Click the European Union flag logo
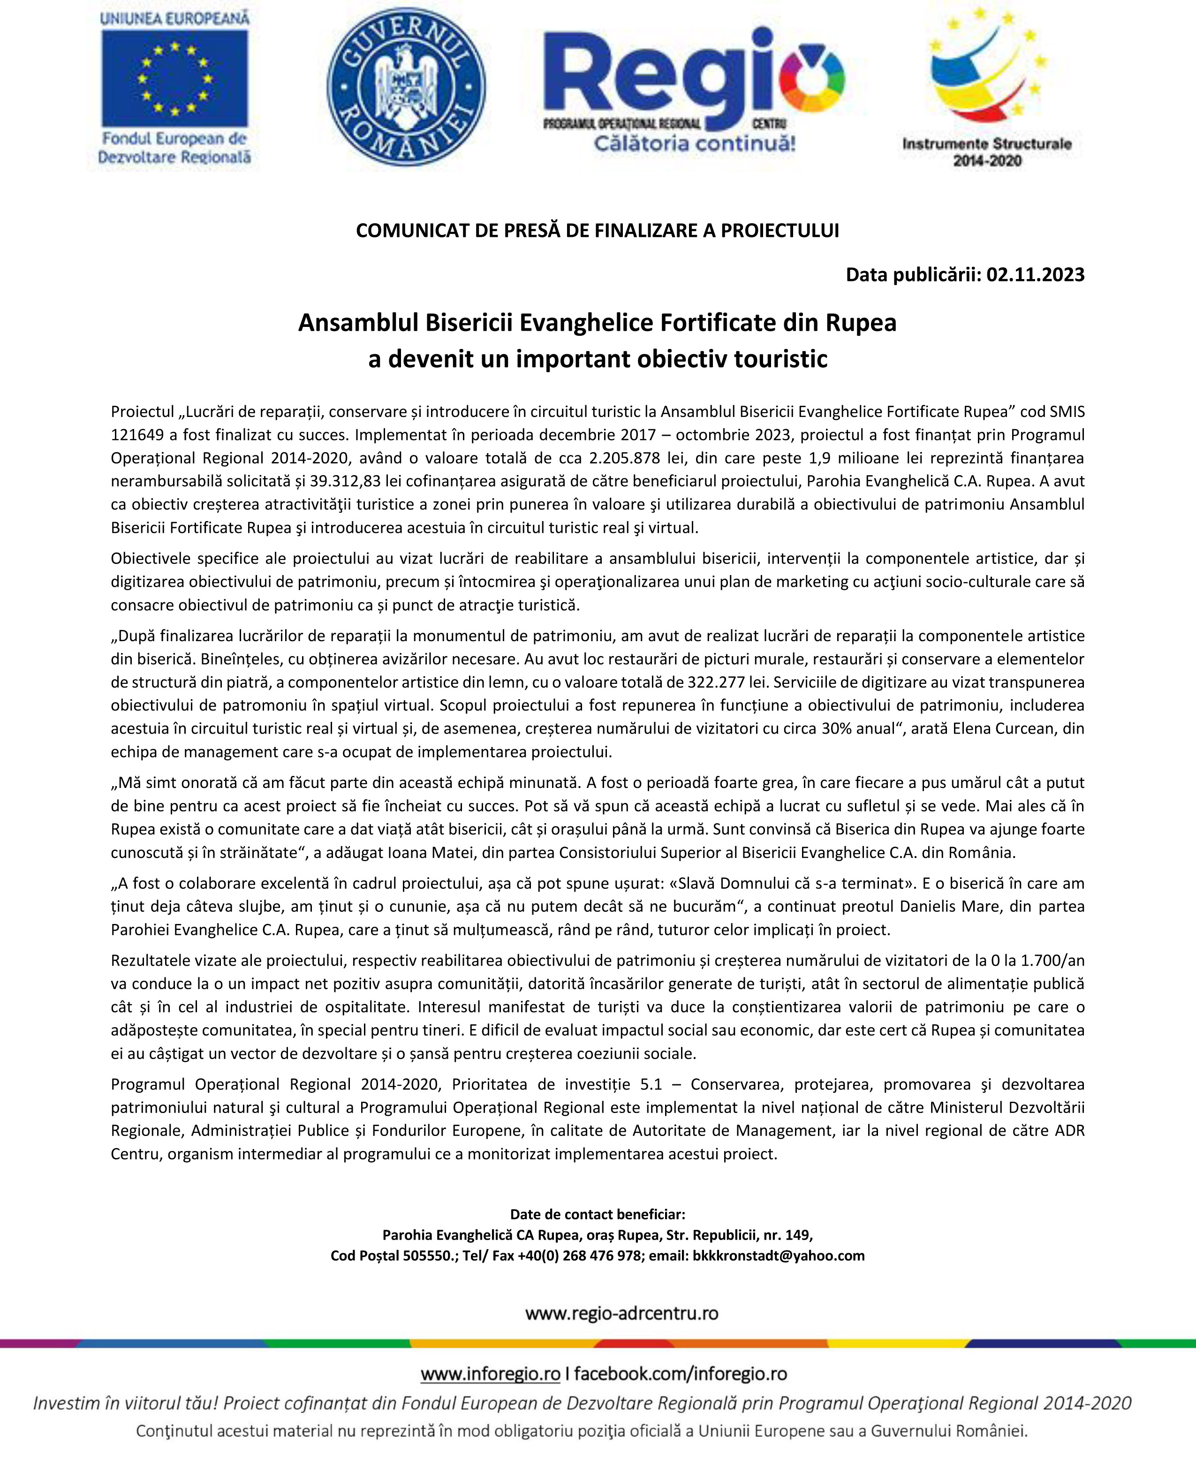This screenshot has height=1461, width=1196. (174, 78)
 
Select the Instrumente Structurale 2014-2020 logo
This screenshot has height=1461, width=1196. (986, 86)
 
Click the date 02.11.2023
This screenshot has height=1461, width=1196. (1035, 274)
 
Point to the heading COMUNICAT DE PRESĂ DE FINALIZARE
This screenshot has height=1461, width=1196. (598, 230)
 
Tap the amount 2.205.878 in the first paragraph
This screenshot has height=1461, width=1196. (624, 458)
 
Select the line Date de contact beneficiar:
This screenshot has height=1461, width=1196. (598, 1214)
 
